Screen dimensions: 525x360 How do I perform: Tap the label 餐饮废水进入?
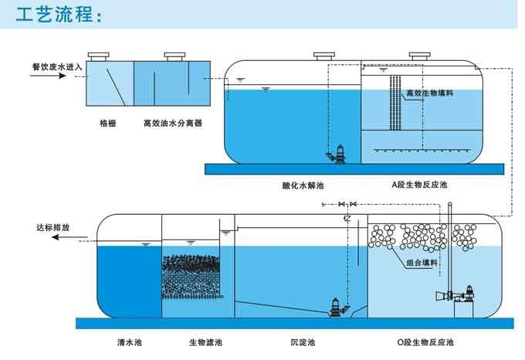[57, 67]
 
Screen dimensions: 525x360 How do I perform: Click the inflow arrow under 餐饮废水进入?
[48, 76]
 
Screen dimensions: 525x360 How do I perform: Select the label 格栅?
[108, 124]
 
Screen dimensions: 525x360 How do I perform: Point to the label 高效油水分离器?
[173, 124]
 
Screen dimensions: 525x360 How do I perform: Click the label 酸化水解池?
[303, 185]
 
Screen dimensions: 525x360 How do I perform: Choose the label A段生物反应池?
[419, 185]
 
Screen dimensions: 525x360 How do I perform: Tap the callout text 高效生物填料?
[429, 93]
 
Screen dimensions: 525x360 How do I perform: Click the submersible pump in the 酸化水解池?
[337, 154]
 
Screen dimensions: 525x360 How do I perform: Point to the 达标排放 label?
[53, 227]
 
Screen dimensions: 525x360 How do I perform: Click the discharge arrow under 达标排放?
[69, 237]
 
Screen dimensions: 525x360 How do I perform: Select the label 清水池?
[130, 342]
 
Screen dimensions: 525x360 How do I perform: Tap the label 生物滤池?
[205, 342]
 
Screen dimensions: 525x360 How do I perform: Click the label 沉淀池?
[303, 342]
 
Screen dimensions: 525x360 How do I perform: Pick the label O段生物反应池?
[425, 342]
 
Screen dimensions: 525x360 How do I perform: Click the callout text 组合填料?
[422, 263]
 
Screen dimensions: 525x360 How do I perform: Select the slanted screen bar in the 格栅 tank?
[116, 87]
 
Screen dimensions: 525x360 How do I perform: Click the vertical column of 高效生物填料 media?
[395, 103]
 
